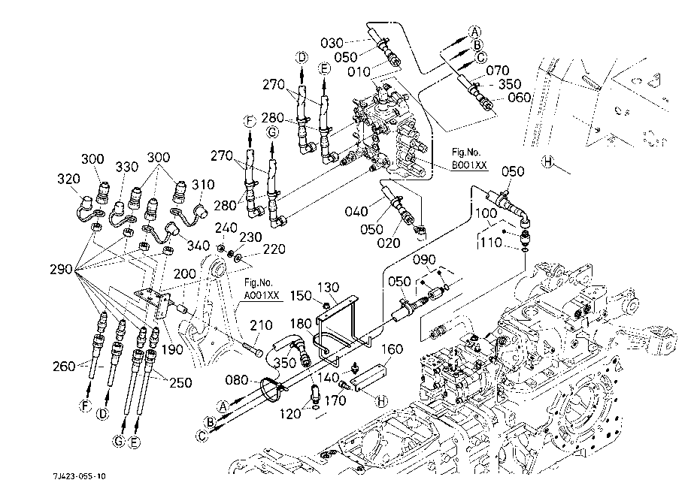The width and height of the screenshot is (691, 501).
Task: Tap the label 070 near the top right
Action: [498, 71]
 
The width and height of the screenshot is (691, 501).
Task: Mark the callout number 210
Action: [261, 325]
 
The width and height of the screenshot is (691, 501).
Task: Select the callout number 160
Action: [391, 349]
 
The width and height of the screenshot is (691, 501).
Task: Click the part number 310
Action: [204, 185]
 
